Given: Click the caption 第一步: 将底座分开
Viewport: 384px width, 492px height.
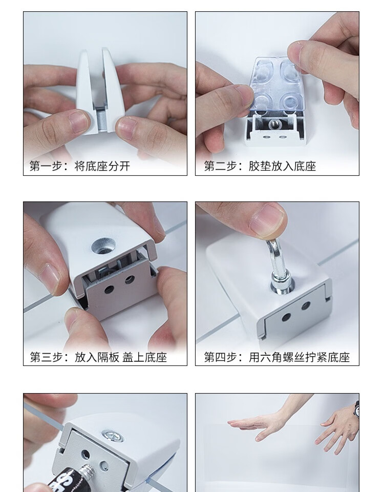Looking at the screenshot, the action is coord(80,166).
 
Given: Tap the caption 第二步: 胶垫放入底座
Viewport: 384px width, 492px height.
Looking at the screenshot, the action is coord(260,166).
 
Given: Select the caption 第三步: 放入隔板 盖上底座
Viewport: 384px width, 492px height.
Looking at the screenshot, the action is coord(98,357).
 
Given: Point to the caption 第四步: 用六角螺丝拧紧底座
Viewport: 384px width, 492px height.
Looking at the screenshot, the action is coord(277,357).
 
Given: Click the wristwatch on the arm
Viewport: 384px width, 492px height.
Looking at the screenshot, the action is coord(357,408).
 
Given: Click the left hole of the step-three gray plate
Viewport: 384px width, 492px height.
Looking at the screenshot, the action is coord(109,289).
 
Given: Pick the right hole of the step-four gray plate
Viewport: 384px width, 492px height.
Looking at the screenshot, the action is coord(306,305).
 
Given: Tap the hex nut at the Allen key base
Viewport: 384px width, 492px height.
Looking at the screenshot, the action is coord(281,279).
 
